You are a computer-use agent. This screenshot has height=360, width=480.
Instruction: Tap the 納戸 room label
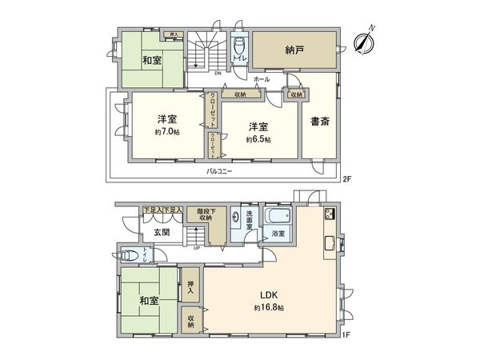(x=294, y=49)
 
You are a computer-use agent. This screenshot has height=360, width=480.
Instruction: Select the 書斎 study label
(x=320, y=122)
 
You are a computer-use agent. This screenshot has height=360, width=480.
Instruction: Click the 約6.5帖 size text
(x=258, y=138)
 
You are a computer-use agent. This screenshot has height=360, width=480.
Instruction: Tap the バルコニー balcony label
(x=219, y=172)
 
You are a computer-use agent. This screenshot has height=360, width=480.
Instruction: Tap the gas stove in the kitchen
(x=329, y=215)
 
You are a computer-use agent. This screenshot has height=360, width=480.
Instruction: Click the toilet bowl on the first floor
(x=131, y=256)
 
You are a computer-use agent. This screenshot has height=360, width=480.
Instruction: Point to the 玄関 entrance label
(x=161, y=232)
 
